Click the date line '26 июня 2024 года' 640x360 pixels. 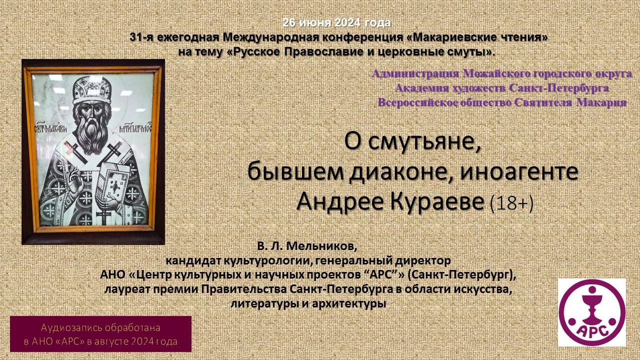tap(336, 22)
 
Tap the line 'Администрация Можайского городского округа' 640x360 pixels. tap(502, 74)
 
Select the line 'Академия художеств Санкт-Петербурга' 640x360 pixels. tap(502, 88)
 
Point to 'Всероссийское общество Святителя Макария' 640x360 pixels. tap(502, 102)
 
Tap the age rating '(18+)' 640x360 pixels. tap(511, 203)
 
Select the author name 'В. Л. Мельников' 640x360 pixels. tap(308, 246)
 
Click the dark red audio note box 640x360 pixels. tap(100, 334)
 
